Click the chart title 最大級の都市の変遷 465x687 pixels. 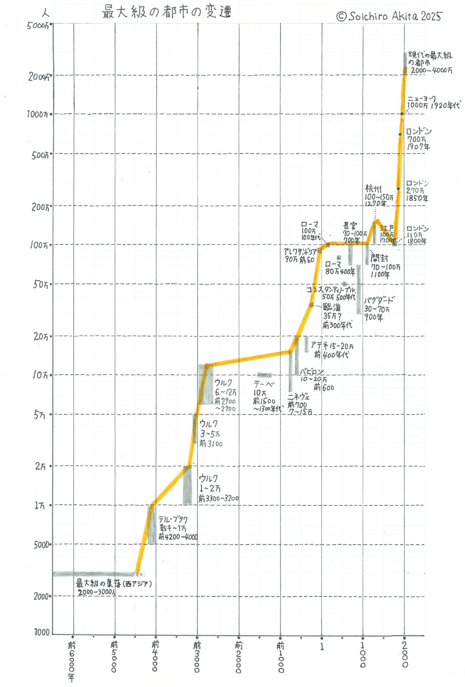tap(167, 12)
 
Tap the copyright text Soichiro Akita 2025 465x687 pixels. tap(389, 16)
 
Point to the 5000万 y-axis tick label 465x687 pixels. tap(38, 26)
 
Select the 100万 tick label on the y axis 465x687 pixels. tap(40, 245)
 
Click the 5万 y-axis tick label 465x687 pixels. tap(40, 415)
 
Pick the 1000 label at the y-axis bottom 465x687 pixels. tap(42, 632)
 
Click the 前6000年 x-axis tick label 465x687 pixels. tap(72, 661)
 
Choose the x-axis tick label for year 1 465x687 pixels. tap(322, 647)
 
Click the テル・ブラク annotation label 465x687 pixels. tap(173, 520)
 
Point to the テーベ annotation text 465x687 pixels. tap(263, 385)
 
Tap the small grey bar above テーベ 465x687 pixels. tap(265, 375)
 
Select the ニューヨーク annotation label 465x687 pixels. tap(422, 99)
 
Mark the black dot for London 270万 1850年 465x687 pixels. tap(398, 189)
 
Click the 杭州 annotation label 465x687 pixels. tap(373, 189)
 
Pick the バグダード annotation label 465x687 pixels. tap(379, 300)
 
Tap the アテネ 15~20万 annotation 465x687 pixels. tap(332, 345)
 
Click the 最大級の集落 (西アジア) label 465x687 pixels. tap(113, 583)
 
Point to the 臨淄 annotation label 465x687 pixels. tap(332, 307)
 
